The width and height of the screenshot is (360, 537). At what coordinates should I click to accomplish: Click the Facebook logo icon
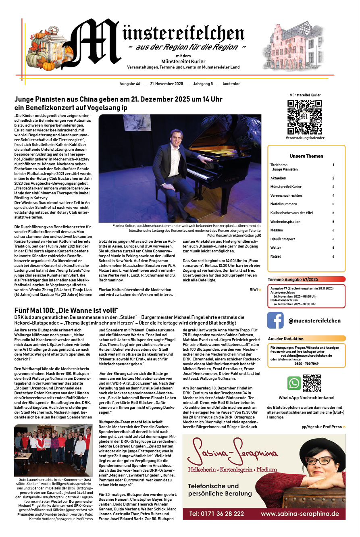275,321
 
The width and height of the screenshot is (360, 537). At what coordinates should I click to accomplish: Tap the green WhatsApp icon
294,383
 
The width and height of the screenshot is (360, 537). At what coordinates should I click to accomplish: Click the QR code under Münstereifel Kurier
305,117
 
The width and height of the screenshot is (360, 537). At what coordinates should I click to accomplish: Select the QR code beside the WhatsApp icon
312,383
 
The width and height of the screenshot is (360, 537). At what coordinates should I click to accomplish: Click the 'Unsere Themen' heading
306,156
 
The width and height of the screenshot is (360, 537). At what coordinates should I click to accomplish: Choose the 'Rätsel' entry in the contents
275,256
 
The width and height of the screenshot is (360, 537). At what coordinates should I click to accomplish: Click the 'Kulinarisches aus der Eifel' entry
291,212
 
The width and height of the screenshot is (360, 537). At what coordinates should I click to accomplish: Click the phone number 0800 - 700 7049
306,364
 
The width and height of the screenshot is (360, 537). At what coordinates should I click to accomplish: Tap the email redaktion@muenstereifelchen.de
306,356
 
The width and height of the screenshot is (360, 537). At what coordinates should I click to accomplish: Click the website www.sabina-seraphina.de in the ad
300,514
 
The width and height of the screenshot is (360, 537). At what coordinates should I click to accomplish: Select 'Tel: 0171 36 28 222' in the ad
216,514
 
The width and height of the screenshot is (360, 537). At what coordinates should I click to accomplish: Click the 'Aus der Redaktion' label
286,339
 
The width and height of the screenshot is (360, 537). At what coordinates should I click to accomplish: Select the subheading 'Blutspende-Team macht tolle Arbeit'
128,421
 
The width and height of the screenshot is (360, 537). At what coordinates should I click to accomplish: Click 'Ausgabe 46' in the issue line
130,84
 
